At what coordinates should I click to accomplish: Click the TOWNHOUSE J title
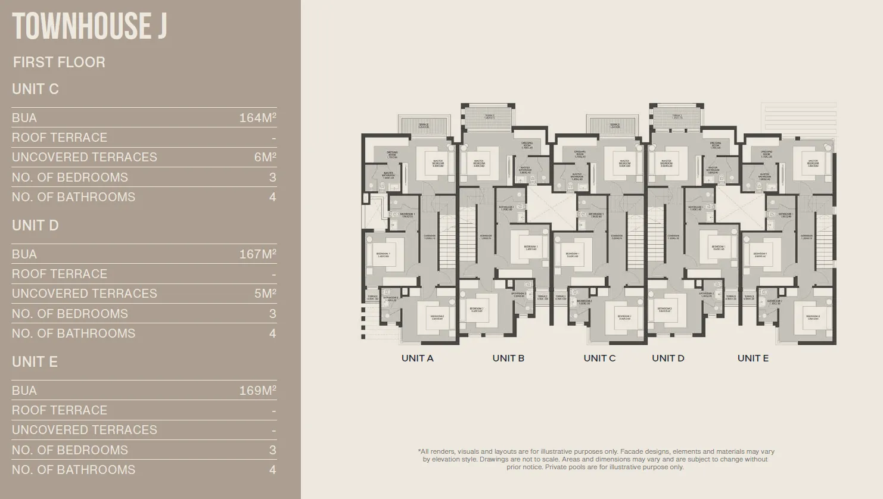click(89, 26)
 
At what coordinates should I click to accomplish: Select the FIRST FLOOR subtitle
click(59, 62)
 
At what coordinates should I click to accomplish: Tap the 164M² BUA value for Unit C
click(257, 118)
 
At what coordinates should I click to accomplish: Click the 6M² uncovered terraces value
click(265, 157)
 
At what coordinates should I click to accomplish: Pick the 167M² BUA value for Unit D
click(257, 254)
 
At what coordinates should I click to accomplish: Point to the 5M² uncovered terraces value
click(265, 294)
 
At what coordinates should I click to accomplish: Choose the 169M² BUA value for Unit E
click(257, 391)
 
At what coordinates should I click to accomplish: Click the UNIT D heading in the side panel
click(35, 226)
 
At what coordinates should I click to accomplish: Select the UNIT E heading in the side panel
click(35, 362)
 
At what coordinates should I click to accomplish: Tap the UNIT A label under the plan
click(417, 358)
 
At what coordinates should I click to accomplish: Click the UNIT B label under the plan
click(508, 358)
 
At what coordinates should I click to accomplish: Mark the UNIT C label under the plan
click(599, 358)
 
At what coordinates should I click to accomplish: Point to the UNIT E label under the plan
click(753, 358)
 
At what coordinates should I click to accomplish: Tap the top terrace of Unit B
click(489, 117)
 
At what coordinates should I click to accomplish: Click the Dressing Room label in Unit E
click(766, 154)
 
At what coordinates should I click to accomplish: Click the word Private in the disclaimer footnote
click(555, 467)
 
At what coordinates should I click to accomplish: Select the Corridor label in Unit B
click(486, 236)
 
